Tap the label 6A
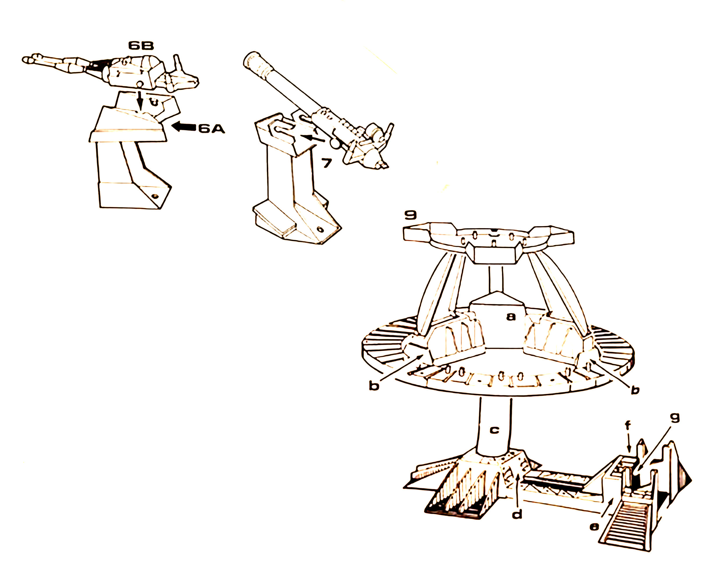(x=211, y=129)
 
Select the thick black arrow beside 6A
(x=184, y=127)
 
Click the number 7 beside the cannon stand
(x=326, y=163)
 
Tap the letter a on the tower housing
(x=511, y=317)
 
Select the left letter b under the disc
(x=374, y=386)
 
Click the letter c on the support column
(x=494, y=430)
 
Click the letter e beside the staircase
(x=594, y=527)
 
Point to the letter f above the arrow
(x=628, y=426)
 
